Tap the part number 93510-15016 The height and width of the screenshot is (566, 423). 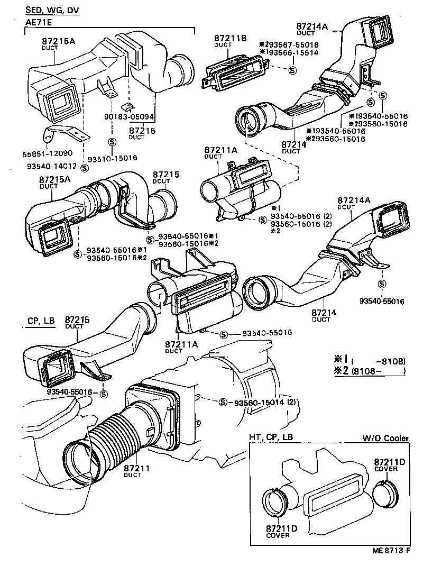point(112,158)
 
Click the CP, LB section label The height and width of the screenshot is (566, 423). point(40,321)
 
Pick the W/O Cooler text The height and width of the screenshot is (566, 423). point(385,438)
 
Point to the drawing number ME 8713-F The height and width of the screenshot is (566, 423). point(390,551)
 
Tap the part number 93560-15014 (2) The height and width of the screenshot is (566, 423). point(264,403)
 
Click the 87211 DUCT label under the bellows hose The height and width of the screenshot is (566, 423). point(137,471)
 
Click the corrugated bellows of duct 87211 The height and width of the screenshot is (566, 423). point(111,434)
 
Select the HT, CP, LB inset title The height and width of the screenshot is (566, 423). point(271,438)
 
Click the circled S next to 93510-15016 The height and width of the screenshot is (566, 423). point(112,141)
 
